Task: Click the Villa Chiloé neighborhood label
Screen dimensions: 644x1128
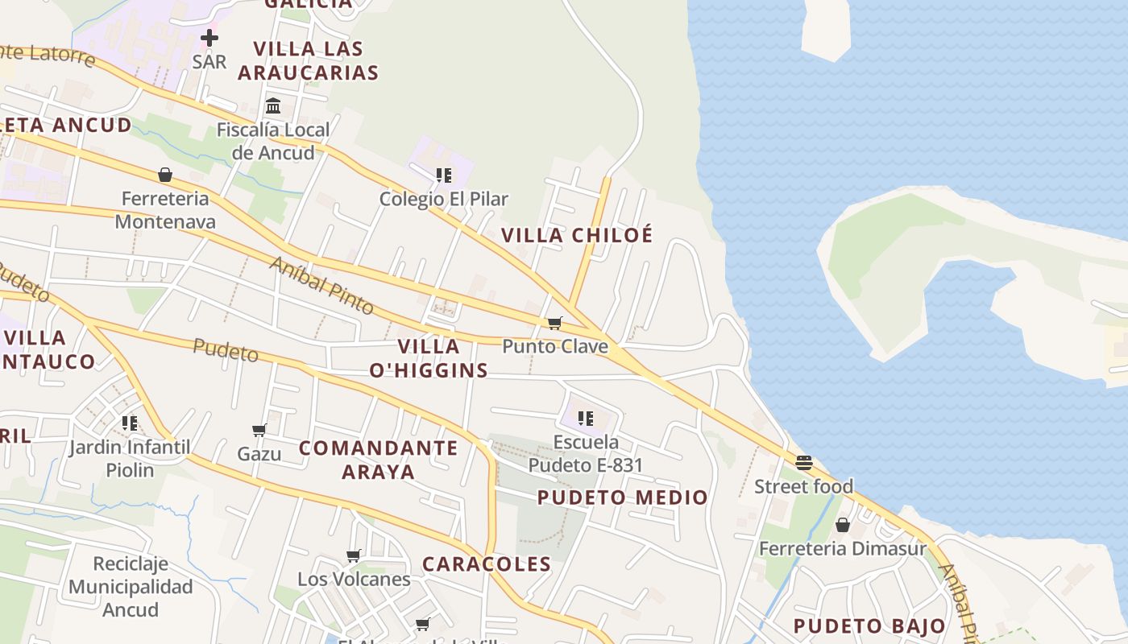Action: (577, 236)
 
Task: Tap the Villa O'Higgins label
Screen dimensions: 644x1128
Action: (429, 358)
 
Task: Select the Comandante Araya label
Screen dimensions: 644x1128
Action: (379, 460)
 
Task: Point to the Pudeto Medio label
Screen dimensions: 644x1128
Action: (623, 497)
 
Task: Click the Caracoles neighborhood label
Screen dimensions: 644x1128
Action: (487, 564)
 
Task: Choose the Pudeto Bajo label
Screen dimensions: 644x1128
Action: (869, 626)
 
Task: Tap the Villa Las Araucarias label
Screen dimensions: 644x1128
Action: (308, 60)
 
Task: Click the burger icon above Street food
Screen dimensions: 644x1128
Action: (803, 463)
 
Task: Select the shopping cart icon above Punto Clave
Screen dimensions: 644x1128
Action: (554, 323)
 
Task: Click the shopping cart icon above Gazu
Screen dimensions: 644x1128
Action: (259, 431)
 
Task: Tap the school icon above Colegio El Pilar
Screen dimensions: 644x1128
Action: (443, 175)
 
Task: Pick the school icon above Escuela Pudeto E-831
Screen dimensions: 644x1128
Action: (586, 419)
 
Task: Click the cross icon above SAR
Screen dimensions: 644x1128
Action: (209, 38)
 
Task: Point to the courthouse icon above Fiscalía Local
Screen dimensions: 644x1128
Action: (273, 106)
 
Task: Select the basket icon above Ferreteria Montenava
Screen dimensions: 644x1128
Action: (165, 175)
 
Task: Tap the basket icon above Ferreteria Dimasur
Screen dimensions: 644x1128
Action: (842, 525)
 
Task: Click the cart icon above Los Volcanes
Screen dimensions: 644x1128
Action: (353, 555)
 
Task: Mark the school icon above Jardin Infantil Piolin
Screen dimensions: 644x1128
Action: (130, 423)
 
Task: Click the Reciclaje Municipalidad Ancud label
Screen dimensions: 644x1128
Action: (131, 587)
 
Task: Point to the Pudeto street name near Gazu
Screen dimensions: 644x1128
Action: (226, 350)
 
